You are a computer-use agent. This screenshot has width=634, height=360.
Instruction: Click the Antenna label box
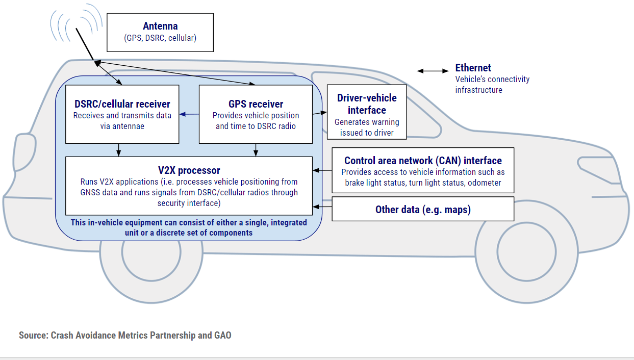160,32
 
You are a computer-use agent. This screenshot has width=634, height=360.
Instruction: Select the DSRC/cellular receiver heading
122,105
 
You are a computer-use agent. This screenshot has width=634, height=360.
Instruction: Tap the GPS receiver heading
256,105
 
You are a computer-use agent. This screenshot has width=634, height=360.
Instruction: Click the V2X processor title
189,170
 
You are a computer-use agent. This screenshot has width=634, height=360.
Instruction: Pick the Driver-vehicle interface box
367,112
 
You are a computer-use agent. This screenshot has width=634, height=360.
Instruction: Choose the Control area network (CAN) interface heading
423,161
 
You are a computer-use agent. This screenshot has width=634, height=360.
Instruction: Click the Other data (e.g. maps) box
423,209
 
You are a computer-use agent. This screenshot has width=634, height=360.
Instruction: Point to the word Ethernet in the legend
473,68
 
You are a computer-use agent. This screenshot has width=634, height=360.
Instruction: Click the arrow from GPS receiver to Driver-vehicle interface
319,112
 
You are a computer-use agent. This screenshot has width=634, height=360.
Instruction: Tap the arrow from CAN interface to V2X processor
322,170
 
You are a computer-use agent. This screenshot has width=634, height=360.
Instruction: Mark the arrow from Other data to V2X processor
322,207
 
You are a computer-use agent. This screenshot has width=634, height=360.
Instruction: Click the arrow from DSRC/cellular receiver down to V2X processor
119,149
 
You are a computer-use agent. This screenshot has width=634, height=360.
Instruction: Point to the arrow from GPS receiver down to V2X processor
256,149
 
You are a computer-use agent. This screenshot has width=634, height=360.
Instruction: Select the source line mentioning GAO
125,335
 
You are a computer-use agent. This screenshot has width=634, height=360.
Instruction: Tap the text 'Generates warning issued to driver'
367,127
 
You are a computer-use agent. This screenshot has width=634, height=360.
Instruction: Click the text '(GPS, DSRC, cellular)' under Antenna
160,38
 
